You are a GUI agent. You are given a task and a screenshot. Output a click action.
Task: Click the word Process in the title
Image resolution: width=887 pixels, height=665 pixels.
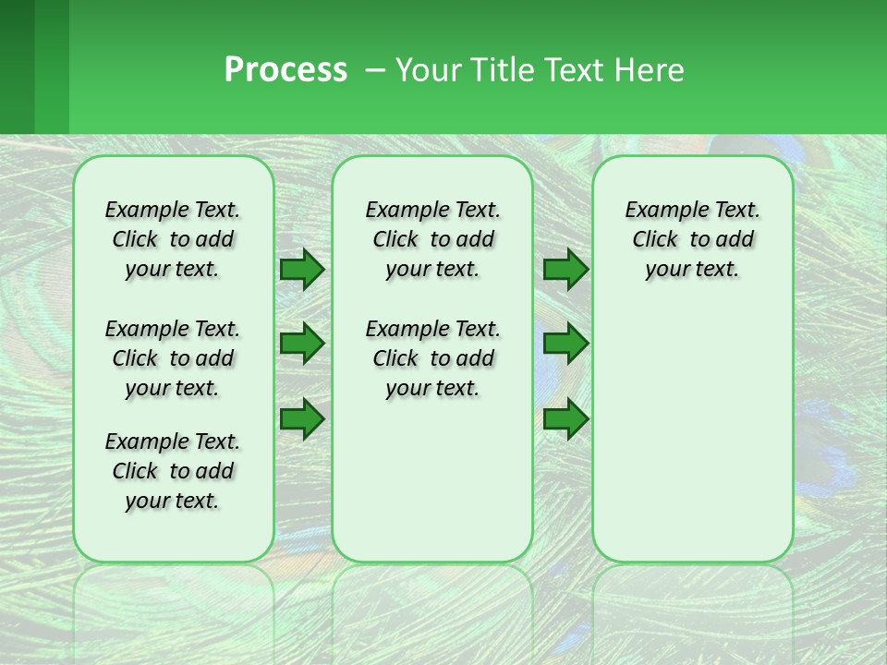(286, 70)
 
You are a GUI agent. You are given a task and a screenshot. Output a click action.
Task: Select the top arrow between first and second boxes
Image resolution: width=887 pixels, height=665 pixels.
(302, 269)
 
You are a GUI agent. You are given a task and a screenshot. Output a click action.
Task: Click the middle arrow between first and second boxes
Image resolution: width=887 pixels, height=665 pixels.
(302, 344)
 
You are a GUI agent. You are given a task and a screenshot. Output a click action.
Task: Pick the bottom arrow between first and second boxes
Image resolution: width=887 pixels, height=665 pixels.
(302, 418)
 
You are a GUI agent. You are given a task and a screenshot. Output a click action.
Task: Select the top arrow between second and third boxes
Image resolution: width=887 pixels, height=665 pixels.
(565, 269)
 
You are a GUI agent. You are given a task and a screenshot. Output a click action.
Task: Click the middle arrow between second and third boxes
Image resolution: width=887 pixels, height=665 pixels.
(565, 344)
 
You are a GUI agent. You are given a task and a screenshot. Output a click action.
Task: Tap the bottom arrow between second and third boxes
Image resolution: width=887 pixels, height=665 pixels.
(565, 418)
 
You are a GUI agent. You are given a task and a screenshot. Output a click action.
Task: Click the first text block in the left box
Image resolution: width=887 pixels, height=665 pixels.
(173, 239)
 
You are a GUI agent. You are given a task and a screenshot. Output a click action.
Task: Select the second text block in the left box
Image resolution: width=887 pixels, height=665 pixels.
(173, 358)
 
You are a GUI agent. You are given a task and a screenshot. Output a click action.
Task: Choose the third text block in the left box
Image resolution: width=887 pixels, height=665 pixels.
(173, 471)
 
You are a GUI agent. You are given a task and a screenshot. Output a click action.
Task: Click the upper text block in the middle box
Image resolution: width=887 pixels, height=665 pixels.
(433, 239)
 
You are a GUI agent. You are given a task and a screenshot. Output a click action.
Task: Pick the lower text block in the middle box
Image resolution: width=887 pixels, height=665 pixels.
(433, 358)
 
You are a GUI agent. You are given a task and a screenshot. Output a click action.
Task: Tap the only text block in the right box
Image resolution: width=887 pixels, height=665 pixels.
(693, 239)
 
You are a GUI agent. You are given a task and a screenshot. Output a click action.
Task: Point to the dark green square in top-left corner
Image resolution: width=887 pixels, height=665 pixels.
(17, 66)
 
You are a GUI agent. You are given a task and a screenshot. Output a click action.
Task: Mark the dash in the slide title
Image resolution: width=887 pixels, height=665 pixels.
(375, 70)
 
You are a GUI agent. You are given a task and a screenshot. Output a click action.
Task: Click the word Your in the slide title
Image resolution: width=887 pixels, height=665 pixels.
(428, 70)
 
